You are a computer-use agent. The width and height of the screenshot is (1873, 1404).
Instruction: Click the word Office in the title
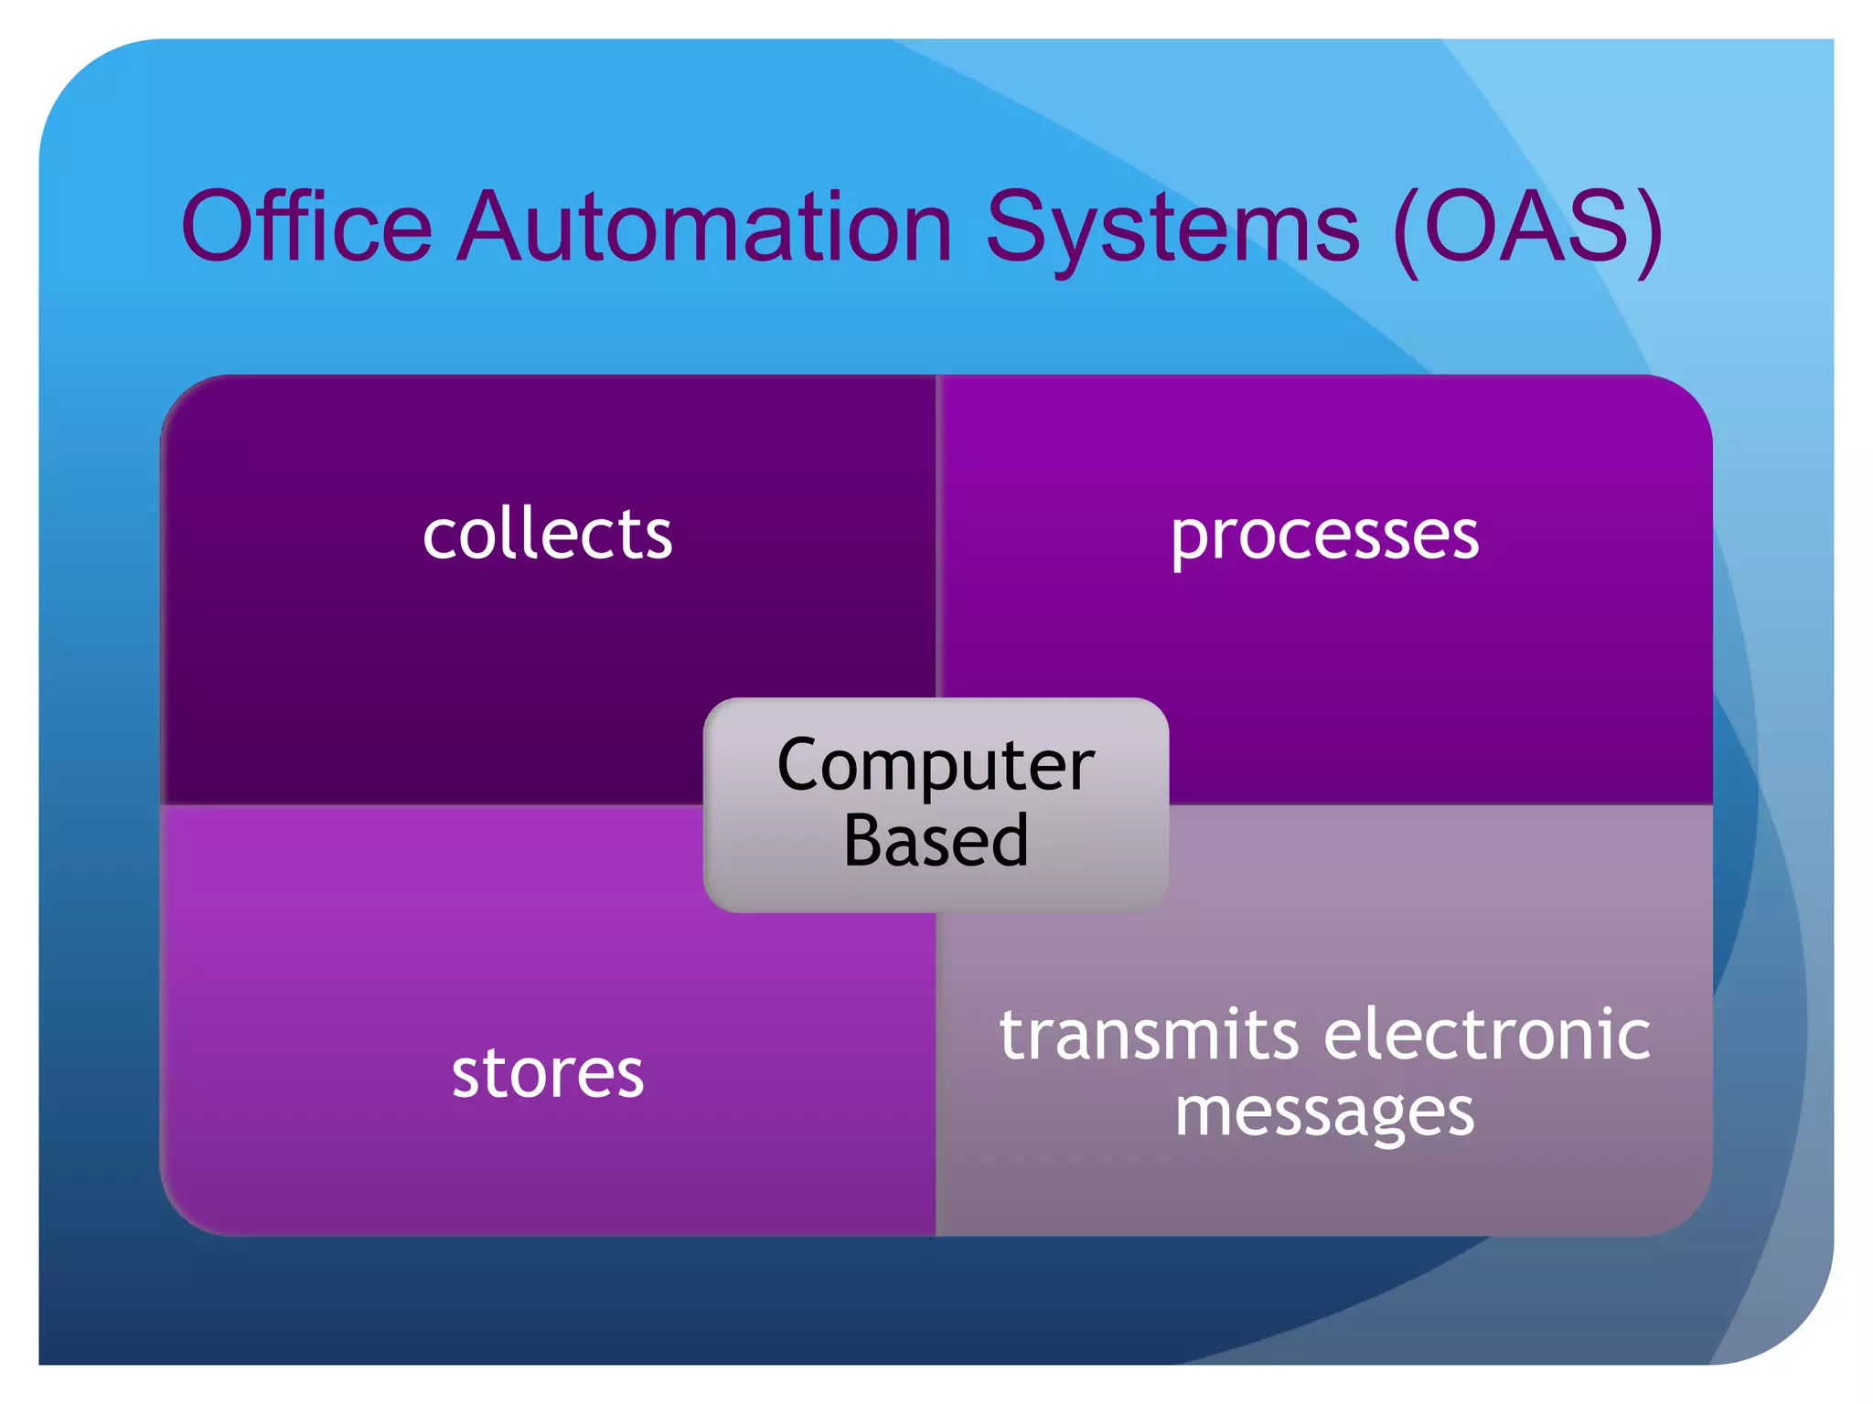click(306, 226)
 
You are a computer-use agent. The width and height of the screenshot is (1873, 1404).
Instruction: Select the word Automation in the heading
click(705, 226)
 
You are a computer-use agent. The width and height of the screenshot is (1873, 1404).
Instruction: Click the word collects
click(547, 534)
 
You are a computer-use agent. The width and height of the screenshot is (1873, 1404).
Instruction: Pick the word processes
click(1324, 536)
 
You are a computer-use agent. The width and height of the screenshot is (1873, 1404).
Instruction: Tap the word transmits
click(1149, 1035)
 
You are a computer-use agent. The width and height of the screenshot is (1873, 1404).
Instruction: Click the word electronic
click(1487, 1035)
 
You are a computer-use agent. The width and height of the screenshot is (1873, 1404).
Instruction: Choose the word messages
click(1324, 1113)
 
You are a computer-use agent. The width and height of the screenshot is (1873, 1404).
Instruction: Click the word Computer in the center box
click(936, 766)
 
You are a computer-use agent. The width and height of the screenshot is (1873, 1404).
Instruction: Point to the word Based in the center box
click(936, 841)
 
